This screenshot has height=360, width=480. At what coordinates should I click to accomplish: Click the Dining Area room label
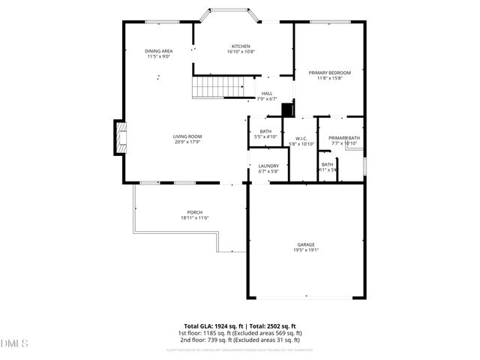pyautogui.click(x=158, y=51)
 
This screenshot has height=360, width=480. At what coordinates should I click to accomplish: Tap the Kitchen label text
pyautogui.click(x=241, y=46)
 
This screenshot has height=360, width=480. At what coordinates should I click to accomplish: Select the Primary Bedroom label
pyautogui.click(x=329, y=73)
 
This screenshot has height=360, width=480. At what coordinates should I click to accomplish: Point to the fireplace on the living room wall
pyautogui.click(x=119, y=137)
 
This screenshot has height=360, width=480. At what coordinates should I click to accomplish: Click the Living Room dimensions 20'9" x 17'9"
pyautogui.click(x=188, y=142)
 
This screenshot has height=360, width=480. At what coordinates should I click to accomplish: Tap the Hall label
pyautogui.click(x=267, y=94)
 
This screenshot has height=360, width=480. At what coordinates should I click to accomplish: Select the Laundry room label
pyautogui.click(x=268, y=166)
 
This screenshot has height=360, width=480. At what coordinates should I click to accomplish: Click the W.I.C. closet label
pyautogui.click(x=301, y=138)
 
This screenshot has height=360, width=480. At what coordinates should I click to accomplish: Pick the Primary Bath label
pyautogui.click(x=343, y=138)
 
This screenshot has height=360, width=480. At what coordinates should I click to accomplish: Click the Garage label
pyautogui.click(x=305, y=244)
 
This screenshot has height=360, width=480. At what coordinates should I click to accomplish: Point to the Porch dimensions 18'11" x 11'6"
pyautogui.click(x=194, y=217)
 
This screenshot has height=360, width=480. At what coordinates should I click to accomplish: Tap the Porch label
pyautogui.click(x=194, y=212)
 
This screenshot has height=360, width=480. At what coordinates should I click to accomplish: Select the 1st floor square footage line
pyautogui.click(x=240, y=333)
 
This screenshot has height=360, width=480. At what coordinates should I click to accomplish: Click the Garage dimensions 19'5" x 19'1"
pyautogui.click(x=305, y=250)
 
